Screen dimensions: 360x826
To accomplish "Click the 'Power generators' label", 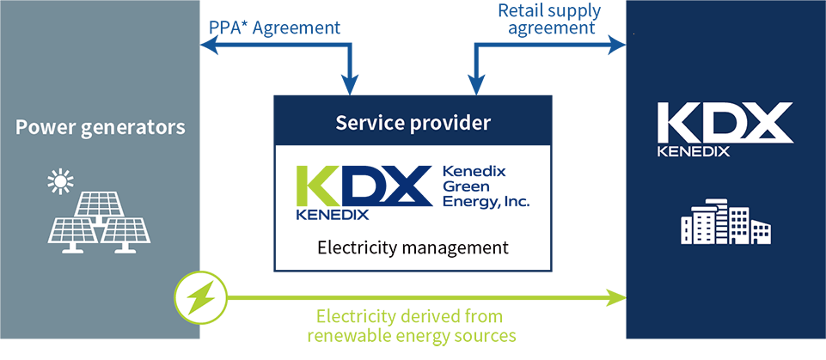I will click(101, 129).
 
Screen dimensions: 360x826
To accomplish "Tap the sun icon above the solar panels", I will click(59, 180).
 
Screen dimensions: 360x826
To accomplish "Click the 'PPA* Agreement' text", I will click(275, 27).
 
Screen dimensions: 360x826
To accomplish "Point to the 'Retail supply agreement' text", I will click(550, 19).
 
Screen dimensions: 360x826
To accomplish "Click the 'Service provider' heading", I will click(413, 123).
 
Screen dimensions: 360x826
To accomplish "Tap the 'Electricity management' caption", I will click(413, 248).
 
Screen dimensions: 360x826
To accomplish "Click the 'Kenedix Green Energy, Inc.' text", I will click(485, 186).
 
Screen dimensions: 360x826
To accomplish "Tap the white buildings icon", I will click(725, 221).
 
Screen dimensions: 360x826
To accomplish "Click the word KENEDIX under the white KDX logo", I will click(693, 152).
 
